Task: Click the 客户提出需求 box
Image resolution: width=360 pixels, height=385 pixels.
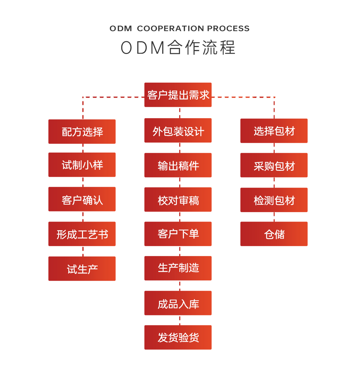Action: click(x=178, y=95)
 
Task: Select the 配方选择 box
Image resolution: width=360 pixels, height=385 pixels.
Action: click(x=82, y=132)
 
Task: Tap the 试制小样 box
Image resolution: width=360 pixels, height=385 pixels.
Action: click(x=82, y=165)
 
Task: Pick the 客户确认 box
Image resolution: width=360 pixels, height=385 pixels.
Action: click(x=82, y=199)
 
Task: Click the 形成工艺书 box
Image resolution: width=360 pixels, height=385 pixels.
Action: click(x=82, y=234)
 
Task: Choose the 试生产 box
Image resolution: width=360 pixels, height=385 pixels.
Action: click(x=82, y=269)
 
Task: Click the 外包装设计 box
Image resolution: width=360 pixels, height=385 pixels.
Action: click(x=178, y=131)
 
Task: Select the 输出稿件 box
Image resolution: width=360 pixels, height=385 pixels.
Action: click(x=178, y=165)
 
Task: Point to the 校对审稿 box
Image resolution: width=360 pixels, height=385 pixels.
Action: click(x=178, y=199)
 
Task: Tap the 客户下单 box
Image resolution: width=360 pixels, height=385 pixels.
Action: click(x=178, y=234)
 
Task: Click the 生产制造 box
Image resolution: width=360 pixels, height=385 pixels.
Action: click(x=178, y=268)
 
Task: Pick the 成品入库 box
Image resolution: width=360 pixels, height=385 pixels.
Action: click(x=178, y=303)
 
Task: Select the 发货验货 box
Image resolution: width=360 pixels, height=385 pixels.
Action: click(x=178, y=337)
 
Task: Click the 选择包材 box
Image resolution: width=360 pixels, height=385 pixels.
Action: click(x=274, y=131)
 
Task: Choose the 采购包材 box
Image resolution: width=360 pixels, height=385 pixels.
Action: click(x=274, y=165)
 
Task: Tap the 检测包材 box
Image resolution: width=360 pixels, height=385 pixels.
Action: click(x=274, y=200)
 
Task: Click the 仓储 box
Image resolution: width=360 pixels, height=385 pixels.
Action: click(x=274, y=234)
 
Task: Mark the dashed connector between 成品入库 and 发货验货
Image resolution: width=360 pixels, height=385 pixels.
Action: click(x=180, y=320)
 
